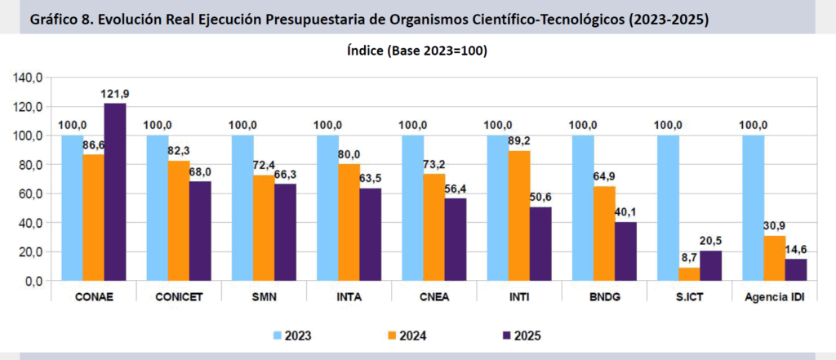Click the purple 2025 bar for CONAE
click(x=114, y=192)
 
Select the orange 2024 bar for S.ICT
click(x=690, y=273)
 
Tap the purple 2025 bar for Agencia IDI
click(x=796, y=269)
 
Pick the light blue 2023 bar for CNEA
click(x=413, y=207)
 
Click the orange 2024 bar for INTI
click(x=519, y=216)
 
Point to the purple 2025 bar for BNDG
click(x=625, y=251)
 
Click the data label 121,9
click(x=115, y=94)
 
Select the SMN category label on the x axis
click(x=264, y=296)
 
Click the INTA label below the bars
click(x=349, y=296)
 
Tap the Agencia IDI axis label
click(x=774, y=296)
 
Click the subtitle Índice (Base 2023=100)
click(x=417, y=51)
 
